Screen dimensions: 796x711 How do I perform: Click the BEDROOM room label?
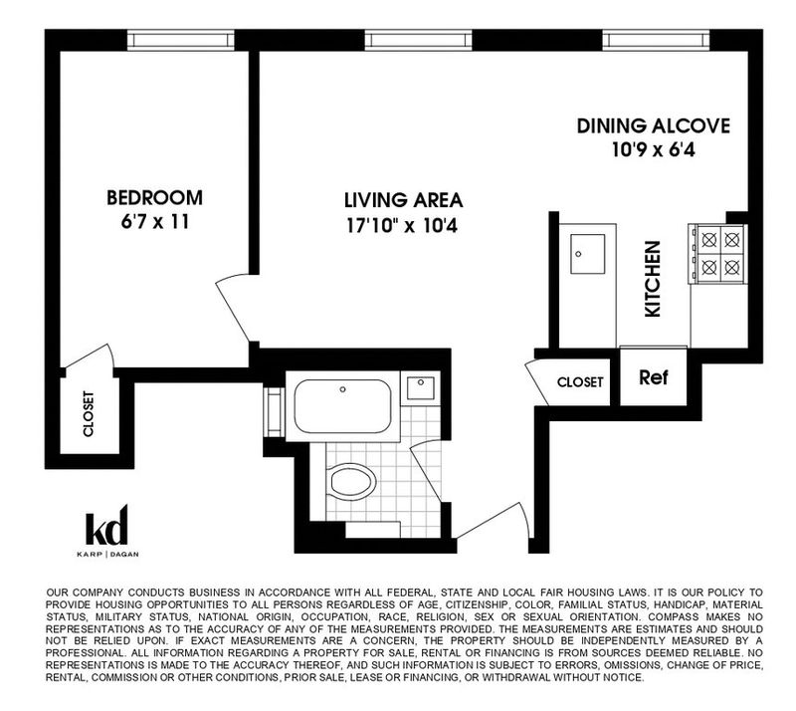pyautogui.click(x=154, y=198)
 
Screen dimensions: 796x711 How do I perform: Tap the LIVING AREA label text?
pyautogui.click(x=404, y=200)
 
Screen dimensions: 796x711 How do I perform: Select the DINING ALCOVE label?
pyautogui.click(x=654, y=126)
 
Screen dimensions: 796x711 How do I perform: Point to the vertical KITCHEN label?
pyautogui.click(x=653, y=279)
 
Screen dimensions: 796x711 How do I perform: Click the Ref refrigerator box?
pyautogui.click(x=654, y=376)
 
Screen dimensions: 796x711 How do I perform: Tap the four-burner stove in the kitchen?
pyautogui.click(x=717, y=253)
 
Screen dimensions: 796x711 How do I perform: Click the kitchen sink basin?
pyautogui.click(x=587, y=254)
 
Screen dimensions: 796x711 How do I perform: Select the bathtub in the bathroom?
pyautogui.click(x=342, y=406)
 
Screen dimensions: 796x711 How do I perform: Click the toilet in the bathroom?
pyautogui.click(x=350, y=481)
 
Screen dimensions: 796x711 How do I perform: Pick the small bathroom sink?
pyautogui.click(x=420, y=387)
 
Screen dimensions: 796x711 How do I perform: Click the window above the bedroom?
pyautogui.click(x=181, y=40)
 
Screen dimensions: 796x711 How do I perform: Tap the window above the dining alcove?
pyautogui.click(x=656, y=40)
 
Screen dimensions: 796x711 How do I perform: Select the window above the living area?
pyautogui.click(x=418, y=40)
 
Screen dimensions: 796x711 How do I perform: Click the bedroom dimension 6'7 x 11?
pyautogui.click(x=155, y=222)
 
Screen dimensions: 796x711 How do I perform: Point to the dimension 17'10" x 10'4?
pyautogui.click(x=402, y=225)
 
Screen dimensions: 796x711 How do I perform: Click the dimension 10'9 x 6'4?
pyautogui.click(x=654, y=150)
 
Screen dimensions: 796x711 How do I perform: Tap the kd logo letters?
pyautogui.click(x=106, y=525)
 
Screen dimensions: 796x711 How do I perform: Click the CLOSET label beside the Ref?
pyautogui.click(x=580, y=382)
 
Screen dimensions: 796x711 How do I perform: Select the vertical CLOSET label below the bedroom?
pyautogui.click(x=89, y=413)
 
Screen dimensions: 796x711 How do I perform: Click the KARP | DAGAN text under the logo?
pyautogui.click(x=107, y=554)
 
